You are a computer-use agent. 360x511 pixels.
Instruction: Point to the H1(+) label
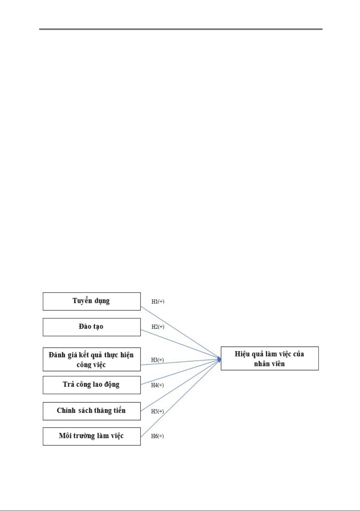coord(158,302)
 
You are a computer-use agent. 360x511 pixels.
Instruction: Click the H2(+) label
coord(158,327)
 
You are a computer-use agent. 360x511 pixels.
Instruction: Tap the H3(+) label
coord(157,360)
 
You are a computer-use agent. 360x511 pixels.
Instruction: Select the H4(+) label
coord(157,385)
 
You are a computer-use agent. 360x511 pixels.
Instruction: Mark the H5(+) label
coord(157,411)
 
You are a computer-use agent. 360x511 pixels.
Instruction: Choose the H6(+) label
coord(157,436)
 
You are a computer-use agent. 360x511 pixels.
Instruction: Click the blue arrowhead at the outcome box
coord(219,359)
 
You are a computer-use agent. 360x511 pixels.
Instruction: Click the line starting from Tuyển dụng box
coord(180,333)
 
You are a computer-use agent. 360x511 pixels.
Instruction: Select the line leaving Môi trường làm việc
coord(180,398)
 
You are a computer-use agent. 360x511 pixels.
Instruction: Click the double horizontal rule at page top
coord(181,29)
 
